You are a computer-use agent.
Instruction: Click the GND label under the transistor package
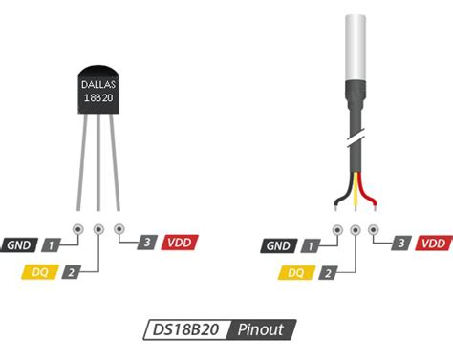18,246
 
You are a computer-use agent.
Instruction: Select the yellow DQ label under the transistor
39,273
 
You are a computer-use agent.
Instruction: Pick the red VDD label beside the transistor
179,244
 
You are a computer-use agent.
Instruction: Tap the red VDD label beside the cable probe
436,244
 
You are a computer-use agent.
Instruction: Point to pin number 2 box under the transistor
71,273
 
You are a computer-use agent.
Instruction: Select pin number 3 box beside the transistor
147,244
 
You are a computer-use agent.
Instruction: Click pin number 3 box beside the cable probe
404,244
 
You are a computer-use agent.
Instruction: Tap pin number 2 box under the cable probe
328,273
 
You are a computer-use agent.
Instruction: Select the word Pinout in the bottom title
261,330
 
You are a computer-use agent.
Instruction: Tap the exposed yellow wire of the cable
356,196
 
